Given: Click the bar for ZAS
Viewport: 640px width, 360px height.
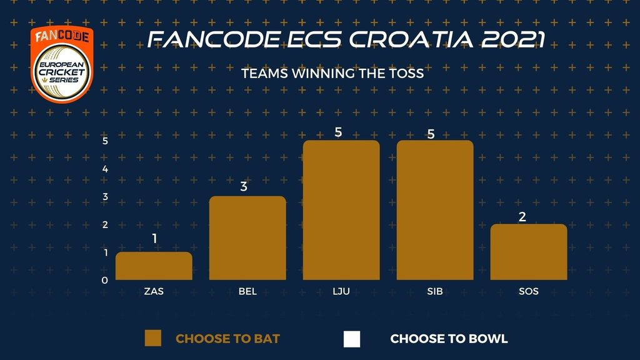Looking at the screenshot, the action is tap(154, 266).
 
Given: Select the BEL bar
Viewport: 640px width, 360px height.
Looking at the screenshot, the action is tap(247, 238).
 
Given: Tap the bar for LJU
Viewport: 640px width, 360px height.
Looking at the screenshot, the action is tap(341, 210).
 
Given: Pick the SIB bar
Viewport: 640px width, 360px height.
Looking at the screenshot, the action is tap(435, 210).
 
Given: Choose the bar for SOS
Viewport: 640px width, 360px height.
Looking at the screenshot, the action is tap(529, 252).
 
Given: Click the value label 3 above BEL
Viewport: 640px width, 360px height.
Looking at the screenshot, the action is tap(244, 186).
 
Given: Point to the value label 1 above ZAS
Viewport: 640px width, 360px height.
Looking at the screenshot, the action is tap(154, 238).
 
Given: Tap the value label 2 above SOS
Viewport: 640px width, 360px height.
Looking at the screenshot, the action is tap(522, 217).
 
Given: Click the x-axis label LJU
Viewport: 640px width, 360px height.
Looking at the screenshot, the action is tap(341, 291).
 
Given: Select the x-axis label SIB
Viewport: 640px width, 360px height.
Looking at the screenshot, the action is tap(435, 291).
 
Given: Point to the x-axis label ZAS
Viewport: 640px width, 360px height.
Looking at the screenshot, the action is tap(154, 291).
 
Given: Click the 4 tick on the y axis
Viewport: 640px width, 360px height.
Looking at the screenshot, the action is tap(105, 169).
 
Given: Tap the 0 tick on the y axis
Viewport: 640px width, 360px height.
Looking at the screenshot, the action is tap(105, 281).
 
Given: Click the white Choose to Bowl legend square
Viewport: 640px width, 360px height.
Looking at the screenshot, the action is tap(352, 339).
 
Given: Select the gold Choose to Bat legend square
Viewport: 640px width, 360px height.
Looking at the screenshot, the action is tap(153, 338).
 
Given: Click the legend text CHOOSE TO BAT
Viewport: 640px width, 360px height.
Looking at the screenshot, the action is tap(227, 339).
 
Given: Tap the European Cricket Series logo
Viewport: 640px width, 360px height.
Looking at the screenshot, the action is tap(62, 64).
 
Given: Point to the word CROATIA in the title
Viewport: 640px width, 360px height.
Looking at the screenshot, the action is tap(411, 40).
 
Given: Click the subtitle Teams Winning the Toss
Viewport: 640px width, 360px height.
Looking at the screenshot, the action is tap(332, 74).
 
